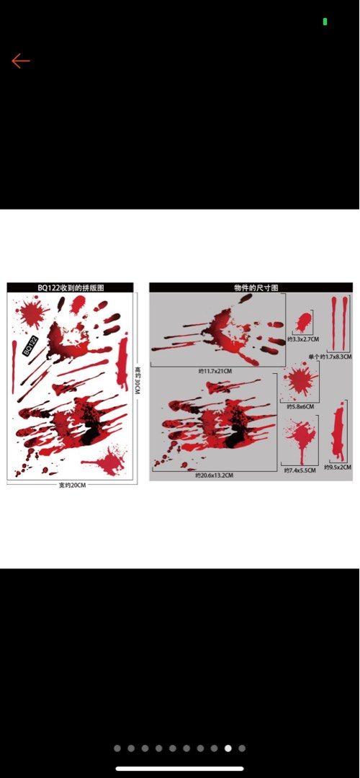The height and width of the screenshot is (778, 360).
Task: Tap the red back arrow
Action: coord(20,61)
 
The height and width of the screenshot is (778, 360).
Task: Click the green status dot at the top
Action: coord(325,22)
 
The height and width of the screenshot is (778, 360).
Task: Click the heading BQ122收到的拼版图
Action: coord(71,287)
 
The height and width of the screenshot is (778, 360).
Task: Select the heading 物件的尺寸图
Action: coord(251,287)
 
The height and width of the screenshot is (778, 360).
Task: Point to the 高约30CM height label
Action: coord(137,380)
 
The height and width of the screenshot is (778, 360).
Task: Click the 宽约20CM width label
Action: coord(72,485)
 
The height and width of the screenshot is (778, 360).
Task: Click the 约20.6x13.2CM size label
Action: coord(215,475)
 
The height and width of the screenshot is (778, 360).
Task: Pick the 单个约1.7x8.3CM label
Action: coord(330,357)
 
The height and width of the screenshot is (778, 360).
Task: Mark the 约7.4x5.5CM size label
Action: coord(300,470)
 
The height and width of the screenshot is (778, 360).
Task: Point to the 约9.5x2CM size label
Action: coord(337,467)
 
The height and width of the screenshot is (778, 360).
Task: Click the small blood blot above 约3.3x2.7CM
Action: coord(304,321)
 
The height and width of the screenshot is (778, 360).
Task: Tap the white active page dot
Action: coord(228,748)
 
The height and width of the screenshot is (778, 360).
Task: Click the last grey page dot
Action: coord(242,748)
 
